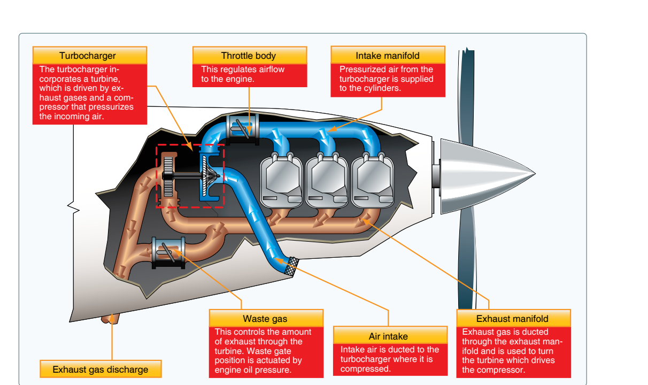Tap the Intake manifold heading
pos(388,55)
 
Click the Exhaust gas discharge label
pos(101,369)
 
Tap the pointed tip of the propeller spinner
pos(535,174)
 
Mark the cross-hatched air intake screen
pos(291,266)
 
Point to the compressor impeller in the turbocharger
pos(209,175)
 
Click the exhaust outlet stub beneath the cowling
pos(110,319)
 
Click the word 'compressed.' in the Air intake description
pos(365,368)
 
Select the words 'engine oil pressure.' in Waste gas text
pos(253,369)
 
